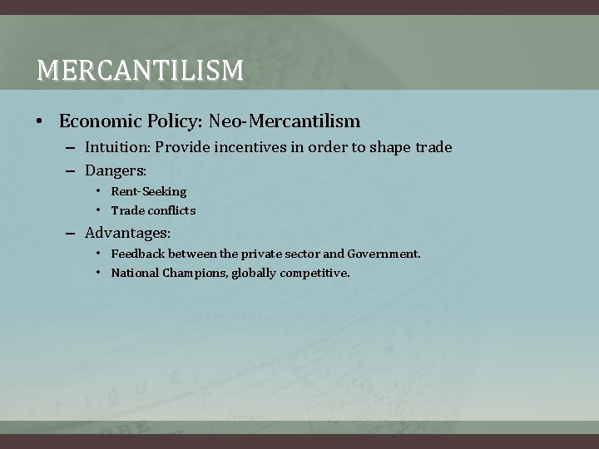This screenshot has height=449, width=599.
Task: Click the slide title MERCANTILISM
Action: pyautogui.click(x=140, y=70)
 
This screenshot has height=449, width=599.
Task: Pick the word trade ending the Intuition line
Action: pyautogui.click(x=432, y=147)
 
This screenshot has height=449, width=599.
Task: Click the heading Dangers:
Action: pyautogui.click(x=116, y=170)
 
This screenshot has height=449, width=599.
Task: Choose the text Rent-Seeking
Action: pyautogui.click(x=149, y=191)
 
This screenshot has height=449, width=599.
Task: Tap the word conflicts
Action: pyautogui.click(x=171, y=210)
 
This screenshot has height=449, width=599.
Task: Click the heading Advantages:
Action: pyautogui.click(x=127, y=233)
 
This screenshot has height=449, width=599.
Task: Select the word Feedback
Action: pyautogui.click(x=139, y=253)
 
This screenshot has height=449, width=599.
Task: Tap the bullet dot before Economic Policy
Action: pyautogui.click(x=40, y=122)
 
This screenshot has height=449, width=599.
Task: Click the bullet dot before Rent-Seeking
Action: pyautogui.click(x=98, y=191)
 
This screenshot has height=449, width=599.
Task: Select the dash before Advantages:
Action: pyautogui.click(x=72, y=233)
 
